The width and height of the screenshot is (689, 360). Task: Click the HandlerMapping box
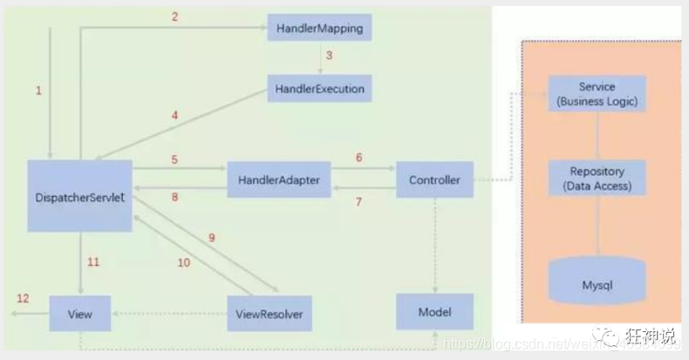tap(319, 29)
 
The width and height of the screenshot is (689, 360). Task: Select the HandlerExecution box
tap(319, 88)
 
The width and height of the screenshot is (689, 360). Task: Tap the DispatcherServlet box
tap(79, 196)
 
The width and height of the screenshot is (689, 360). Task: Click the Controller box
tap(434, 180)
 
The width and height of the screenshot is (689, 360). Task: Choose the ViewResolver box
tap(269, 312)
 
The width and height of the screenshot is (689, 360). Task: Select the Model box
tap(434, 311)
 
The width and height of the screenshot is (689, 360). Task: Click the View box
tap(80, 312)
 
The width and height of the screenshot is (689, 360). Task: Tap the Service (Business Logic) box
tap(597, 94)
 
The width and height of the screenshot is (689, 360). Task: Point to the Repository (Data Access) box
tap(597, 178)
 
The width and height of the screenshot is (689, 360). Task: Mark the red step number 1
tap(38, 91)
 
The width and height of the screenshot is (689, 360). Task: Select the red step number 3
tap(329, 56)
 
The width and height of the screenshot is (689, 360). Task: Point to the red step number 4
tap(174, 114)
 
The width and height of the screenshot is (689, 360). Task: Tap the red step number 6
tap(358, 158)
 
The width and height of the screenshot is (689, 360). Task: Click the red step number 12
tap(23, 298)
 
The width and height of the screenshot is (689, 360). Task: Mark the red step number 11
tap(94, 261)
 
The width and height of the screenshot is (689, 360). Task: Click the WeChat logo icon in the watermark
tap(603, 335)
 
